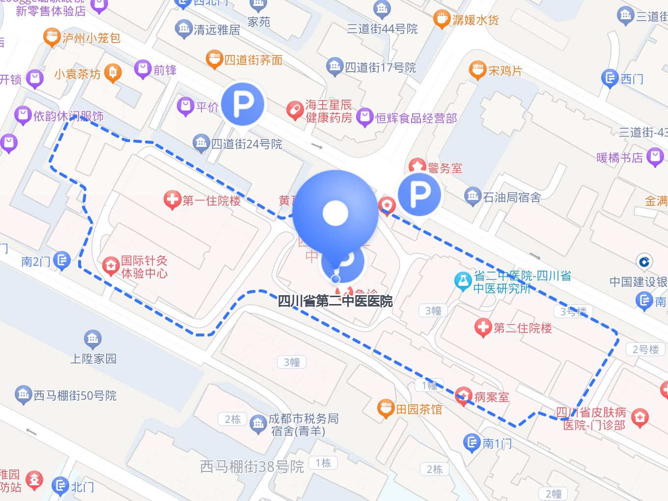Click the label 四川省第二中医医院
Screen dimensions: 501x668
pyautogui.click(x=335, y=301)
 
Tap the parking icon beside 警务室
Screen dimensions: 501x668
pyautogui.click(x=419, y=195)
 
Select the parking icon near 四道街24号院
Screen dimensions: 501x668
pyautogui.click(x=243, y=104)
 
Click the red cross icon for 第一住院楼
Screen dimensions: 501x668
pyautogui.click(x=172, y=200)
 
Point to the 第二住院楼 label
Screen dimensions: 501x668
pyautogui.click(x=523, y=328)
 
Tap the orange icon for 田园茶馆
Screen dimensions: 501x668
pyautogui.click(x=386, y=409)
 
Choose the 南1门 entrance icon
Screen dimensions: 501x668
pyautogui.click(x=472, y=443)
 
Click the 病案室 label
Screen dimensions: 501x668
pyautogui.click(x=492, y=397)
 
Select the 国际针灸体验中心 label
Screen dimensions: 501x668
pyautogui.click(x=144, y=267)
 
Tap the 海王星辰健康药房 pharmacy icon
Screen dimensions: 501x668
pyautogui.click(x=295, y=111)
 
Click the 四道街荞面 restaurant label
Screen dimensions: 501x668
pyautogui.click(x=253, y=60)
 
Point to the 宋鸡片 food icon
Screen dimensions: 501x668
pyautogui.click(x=477, y=70)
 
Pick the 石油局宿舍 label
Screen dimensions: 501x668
pyautogui.click(x=512, y=197)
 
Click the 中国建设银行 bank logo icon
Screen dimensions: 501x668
pyautogui.click(x=644, y=262)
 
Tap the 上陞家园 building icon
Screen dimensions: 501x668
pyautogui.click(x=93, y=338)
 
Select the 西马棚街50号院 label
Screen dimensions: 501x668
pyautogui.click(x=75, y=395)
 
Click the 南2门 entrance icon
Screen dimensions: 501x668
pyautogui.click(x=62, y=260)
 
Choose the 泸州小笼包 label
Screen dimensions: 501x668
pyautogui.click(x=91, y=38)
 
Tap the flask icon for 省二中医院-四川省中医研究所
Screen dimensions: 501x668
pyautogui.click(x=462, y=281)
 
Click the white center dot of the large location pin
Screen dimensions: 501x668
pyautogui.click(x=335, y=213)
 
